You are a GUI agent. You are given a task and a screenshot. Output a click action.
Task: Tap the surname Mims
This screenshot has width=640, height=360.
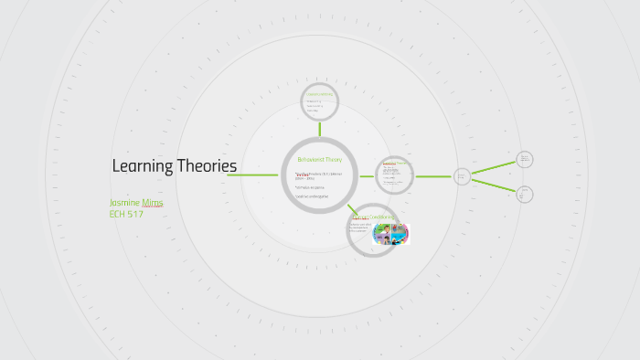click(152, 202)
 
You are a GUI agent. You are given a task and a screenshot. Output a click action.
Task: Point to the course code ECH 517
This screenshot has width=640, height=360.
click(126, 214)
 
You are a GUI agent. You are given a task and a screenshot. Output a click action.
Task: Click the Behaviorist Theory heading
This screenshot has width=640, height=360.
click(319, 159)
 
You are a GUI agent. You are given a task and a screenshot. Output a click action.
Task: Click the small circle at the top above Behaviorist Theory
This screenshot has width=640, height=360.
click(320, 102)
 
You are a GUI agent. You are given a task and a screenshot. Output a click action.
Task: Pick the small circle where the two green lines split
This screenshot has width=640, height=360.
click(463, 175)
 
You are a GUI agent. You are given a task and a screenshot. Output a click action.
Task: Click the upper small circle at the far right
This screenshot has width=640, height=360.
click(525, 159)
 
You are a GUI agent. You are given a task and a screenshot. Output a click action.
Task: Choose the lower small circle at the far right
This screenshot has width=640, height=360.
click(525, 194)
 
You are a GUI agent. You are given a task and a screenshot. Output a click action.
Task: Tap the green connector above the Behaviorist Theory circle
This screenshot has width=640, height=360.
click(320, 130)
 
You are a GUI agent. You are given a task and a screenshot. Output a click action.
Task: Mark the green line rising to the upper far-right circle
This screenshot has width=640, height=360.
click(494, 167)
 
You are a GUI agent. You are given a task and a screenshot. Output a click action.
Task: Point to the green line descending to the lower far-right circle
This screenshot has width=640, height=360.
click(494, 185)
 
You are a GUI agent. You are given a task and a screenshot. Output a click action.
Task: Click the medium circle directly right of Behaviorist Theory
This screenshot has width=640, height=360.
click(395, 175)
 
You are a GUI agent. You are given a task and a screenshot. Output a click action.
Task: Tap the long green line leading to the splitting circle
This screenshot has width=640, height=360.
click(434, 175)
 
